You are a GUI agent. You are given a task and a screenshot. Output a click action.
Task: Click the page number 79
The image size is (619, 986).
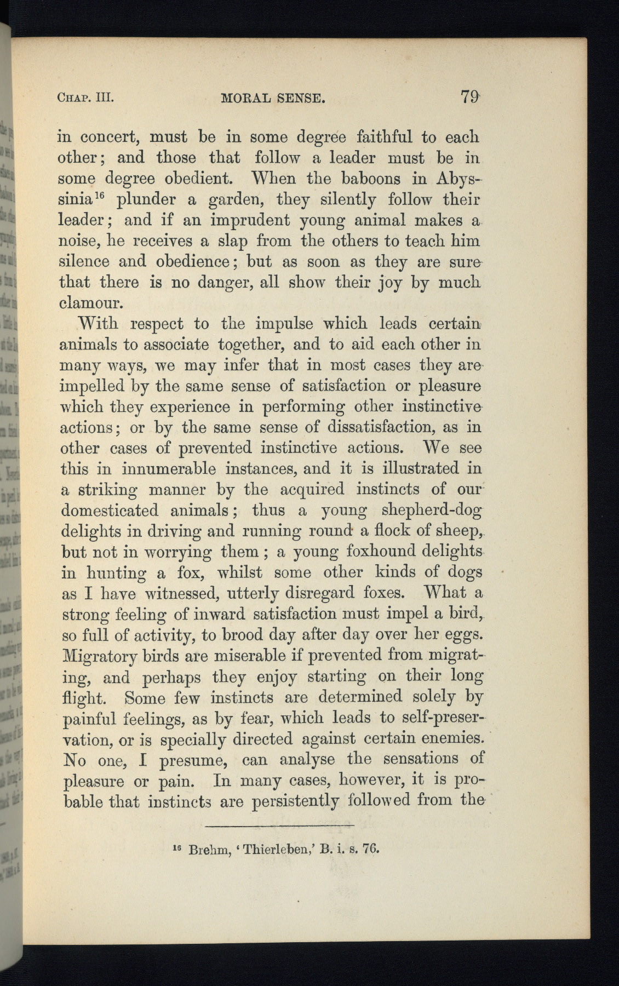470,98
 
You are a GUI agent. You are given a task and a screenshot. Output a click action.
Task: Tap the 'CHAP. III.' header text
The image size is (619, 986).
85,99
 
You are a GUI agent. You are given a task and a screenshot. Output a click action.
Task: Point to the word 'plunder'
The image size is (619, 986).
145,200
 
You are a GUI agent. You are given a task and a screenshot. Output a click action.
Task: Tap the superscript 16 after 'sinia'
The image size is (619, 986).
105,196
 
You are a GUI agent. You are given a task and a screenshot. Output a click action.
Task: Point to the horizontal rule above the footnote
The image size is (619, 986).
281,825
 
